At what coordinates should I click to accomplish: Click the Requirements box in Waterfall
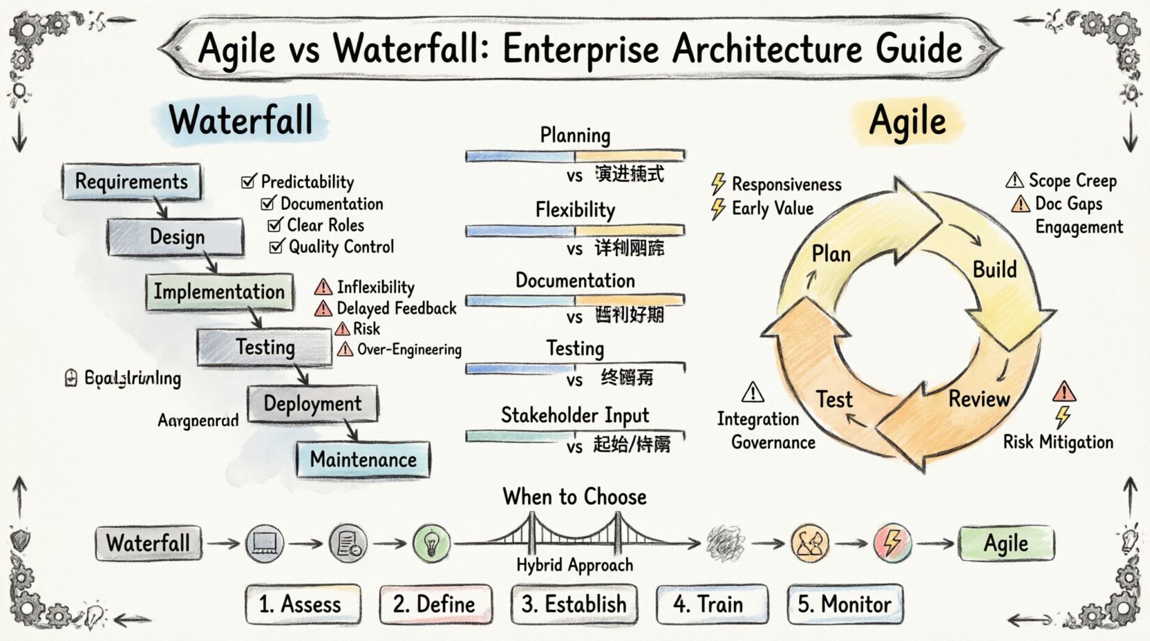click(131, 182)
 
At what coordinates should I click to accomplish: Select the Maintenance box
click(363, 459)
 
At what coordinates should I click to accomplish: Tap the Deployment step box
click(312, 404)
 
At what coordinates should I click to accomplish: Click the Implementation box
click(218, 291)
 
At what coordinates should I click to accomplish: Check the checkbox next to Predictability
click(248, 182)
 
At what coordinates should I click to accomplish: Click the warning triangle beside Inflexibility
click(323, 287)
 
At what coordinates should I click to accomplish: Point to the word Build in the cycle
click(995, 269)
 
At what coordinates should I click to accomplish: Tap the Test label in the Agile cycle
click(834, 399)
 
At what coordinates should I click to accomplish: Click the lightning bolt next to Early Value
click(719, 209)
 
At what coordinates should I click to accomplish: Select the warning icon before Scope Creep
click(1015, 181)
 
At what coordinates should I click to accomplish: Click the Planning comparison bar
click(575, 156)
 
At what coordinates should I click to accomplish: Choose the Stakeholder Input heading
click(575, 415)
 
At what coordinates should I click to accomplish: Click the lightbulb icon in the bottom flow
click(432, 543)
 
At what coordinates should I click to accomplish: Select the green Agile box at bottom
click(1006, 544)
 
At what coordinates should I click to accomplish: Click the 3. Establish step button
click(574, 604)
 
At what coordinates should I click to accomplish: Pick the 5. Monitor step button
click(845, 604)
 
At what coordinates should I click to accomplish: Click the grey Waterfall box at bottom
click(148, 543)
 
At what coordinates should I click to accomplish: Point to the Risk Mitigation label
click(1058, 442)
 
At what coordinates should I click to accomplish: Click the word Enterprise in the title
click(581, 49)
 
